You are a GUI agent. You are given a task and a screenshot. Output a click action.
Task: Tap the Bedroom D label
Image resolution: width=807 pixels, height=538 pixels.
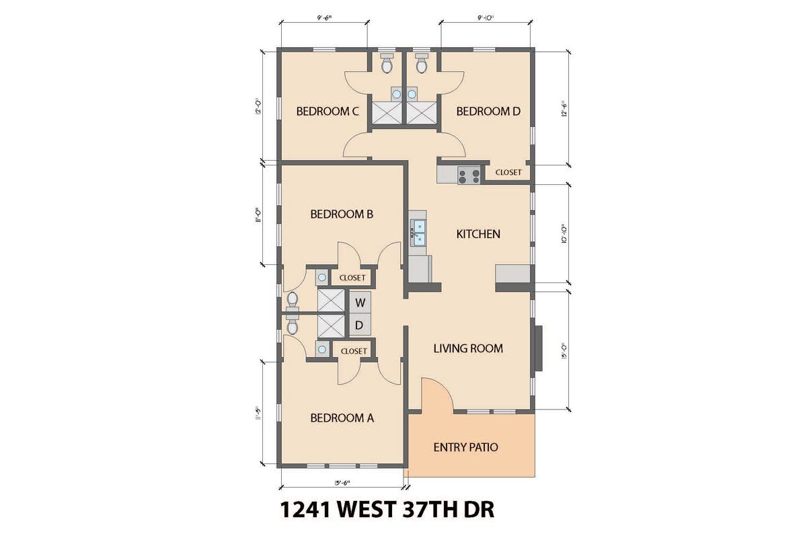(488, 112)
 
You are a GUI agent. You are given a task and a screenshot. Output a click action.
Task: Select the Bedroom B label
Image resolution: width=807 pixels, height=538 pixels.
(342, 215)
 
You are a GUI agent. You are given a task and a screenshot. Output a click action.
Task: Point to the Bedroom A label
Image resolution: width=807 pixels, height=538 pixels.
(342, 418)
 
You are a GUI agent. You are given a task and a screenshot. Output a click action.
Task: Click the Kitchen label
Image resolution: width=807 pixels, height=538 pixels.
(478, 234)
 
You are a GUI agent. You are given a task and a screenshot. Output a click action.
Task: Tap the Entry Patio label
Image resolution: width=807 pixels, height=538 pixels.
(465, 447)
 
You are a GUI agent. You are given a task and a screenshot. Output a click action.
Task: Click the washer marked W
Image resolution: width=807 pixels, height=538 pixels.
(360, 302)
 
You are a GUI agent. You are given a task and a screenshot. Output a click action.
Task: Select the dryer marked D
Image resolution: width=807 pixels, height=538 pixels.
(360, 325)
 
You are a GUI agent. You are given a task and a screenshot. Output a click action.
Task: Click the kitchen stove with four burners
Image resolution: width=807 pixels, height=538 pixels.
(469, 176)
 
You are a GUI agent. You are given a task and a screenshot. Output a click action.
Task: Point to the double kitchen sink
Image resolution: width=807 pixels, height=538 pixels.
(418, 232)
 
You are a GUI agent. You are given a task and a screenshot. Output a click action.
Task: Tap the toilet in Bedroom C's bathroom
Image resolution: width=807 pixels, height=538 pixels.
(387, 65)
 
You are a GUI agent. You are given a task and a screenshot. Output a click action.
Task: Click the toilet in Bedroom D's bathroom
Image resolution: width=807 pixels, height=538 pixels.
(422, 65)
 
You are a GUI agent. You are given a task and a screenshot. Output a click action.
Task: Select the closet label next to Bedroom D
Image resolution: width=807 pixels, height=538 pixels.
(508, 173)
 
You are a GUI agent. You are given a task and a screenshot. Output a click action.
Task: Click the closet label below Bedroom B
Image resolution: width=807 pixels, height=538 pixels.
(352, 278)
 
